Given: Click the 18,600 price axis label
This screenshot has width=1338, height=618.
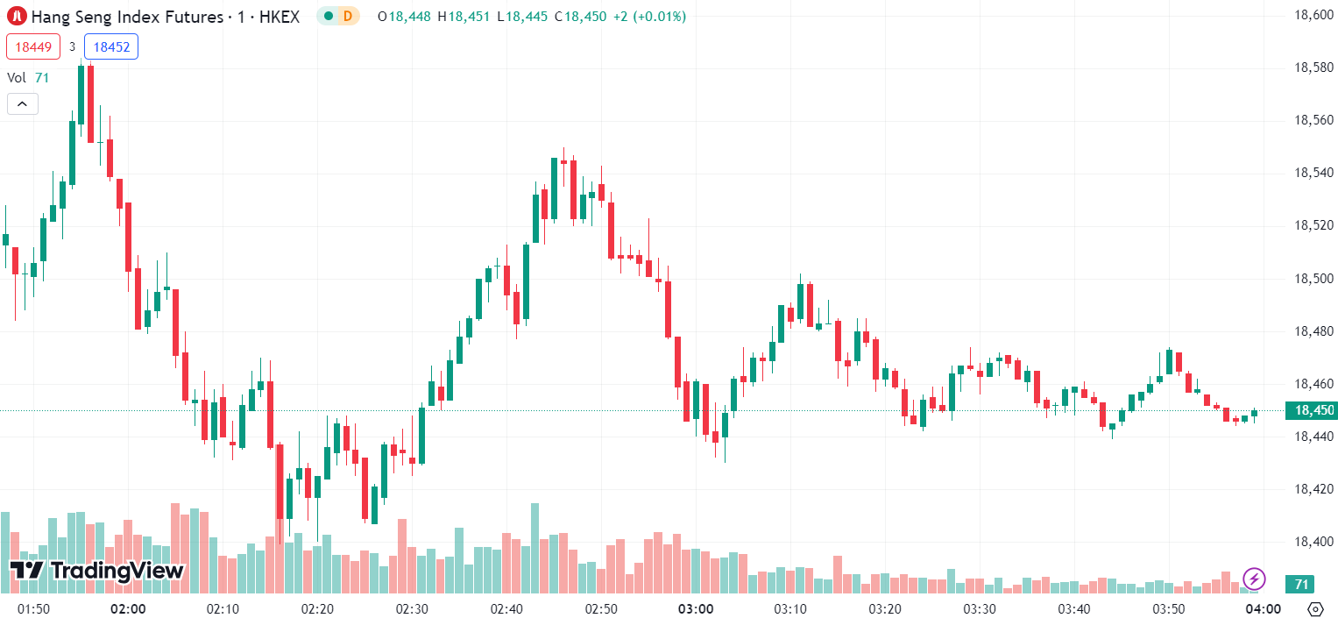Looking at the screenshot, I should point(1313,15).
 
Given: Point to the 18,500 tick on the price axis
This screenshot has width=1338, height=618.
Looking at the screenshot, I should point(1313,279).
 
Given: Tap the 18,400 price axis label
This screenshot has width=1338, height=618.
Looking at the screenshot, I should point(1313,542).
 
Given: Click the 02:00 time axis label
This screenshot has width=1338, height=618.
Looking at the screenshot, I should point(128,608).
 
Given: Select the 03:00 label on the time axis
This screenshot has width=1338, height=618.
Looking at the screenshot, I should point(696,608).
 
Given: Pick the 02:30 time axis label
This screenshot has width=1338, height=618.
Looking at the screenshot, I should point(412,608).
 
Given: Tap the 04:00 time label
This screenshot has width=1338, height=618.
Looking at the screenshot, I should point(1264,608).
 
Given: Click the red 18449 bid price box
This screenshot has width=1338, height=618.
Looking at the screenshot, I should point(33,47).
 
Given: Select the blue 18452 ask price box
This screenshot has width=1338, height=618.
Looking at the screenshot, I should point(111,47).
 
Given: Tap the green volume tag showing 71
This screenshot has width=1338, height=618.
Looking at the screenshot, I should point(1301,584).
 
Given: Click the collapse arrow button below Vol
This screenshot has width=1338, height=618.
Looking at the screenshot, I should point(22,104).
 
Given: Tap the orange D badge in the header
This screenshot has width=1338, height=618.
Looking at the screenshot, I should point(348,16).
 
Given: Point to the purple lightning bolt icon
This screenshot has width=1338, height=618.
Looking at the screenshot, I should point(1254,579).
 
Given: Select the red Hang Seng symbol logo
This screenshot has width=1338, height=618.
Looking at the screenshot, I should point(17,16).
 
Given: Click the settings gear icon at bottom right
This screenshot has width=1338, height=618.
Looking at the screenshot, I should point(1314,608).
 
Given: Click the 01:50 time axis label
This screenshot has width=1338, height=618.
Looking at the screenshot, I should point(33,608).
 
